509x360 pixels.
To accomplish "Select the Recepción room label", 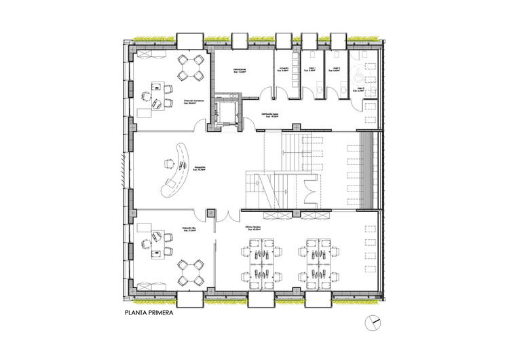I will click(x=199, y=167).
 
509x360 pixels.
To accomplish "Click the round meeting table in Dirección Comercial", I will click(x=190, y=67).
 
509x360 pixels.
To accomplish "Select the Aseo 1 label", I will click(x=313, y=69).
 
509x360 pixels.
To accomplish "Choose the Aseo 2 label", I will click(x=336, y=69).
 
